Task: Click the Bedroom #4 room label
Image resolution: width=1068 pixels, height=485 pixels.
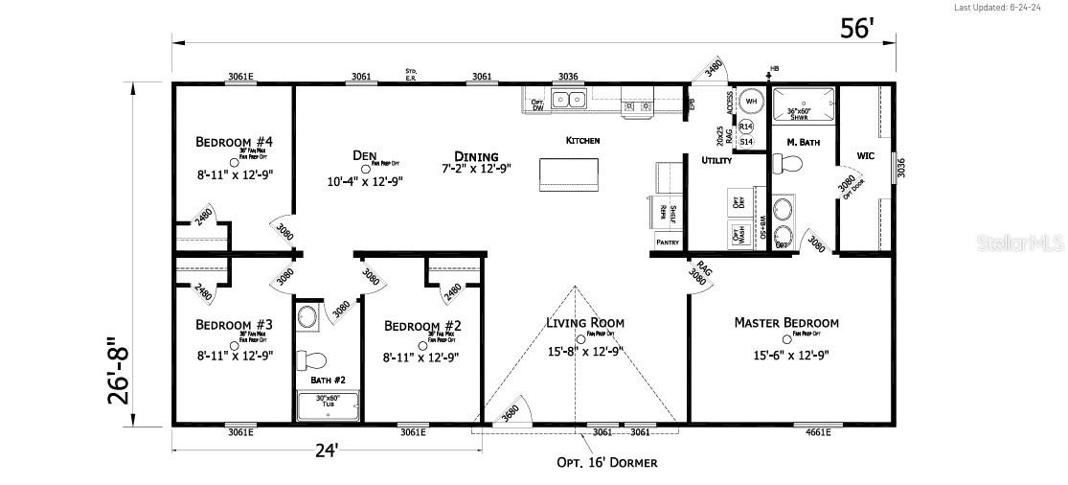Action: [234, 143]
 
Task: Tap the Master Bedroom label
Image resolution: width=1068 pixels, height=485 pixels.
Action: [786, 323]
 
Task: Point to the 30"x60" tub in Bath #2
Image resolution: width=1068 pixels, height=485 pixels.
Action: [328, 406]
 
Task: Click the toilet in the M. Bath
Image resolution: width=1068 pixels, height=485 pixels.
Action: [787, 164]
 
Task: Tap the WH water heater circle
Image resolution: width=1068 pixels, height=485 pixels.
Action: [751, 102]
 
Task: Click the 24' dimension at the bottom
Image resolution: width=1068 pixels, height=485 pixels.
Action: [327, 450]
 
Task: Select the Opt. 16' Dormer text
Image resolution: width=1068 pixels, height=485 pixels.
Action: [607, 462]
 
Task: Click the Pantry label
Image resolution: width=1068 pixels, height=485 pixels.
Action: [668, 242]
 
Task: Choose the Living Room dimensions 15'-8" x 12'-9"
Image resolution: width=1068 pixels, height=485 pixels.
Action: [584, 352]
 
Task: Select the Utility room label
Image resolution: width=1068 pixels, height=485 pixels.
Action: [716, 160]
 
